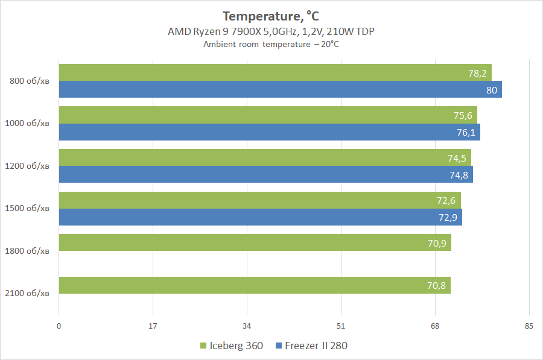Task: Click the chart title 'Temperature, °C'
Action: [271, 16]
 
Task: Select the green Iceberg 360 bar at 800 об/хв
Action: [275, 72]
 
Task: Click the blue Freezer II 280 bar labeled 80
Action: [281, 89]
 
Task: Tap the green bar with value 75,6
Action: [268, 115]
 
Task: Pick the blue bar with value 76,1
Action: [270, 132]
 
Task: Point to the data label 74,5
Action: [457, 158]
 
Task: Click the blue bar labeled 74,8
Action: [266, 174]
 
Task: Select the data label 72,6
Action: [446, 200]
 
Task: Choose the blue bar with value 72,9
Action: [261, 217]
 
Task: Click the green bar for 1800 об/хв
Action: [255, 242]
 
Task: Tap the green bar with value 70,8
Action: [255, 285]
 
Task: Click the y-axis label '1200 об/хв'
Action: [27, 166]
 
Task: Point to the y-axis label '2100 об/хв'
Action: [27, 293]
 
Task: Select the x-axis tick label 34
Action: [247, 326]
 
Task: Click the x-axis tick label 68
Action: [435, 326]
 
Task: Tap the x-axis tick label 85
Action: [529, 326]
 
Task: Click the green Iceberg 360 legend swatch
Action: [203, 346]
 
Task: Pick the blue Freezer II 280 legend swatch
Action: [279, 346]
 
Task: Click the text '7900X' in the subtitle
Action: [246, 31]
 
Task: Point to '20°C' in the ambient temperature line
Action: [330, 44]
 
